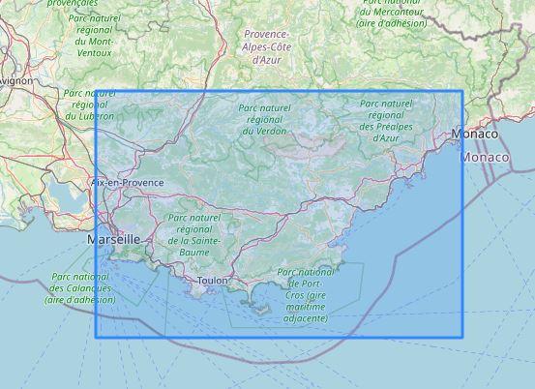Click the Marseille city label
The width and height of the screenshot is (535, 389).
pos(113,238)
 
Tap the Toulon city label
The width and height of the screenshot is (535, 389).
pos(211,281)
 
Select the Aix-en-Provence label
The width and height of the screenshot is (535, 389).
pos(126,182)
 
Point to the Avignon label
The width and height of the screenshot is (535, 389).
pos(15,81)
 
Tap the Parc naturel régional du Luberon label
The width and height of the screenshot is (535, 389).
pos(88,105)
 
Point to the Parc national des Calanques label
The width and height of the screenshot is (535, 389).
pos(79,288)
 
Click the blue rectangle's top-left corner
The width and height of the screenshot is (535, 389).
pos(96,92)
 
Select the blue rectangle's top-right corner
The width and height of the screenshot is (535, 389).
pos(462,92)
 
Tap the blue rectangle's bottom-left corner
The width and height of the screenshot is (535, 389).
pos(96,338)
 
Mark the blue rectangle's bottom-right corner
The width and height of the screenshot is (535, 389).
pos(462,338)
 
